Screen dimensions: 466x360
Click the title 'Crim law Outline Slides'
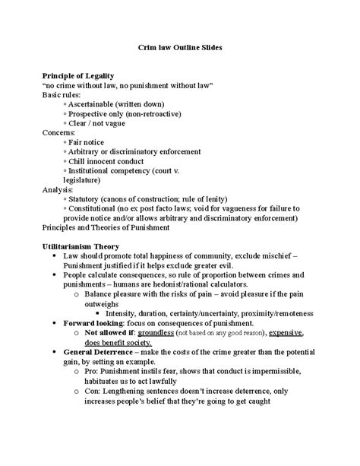179,47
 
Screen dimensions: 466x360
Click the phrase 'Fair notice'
87,142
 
